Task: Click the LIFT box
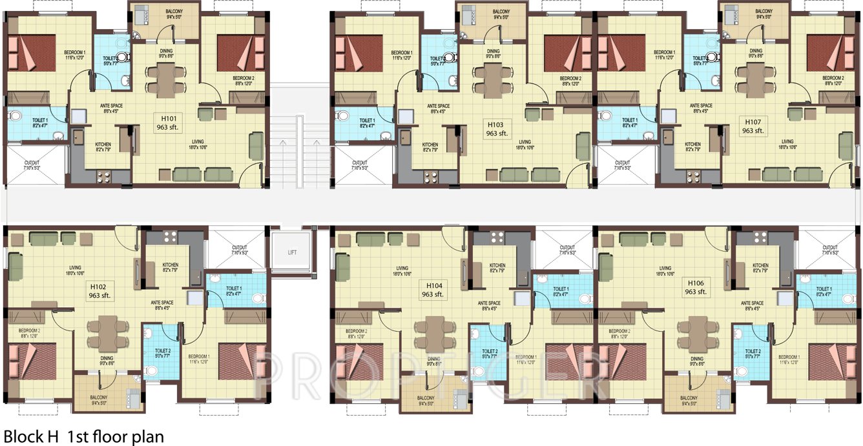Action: (293, 252)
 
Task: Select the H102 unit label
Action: (99, 290)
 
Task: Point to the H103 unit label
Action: (496, 126)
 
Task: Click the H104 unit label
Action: (432, 289)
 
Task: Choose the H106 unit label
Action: (695, 287)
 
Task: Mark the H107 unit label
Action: (753, 126)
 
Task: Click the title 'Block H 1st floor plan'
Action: (84, 436)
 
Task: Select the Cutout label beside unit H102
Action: (239, 250)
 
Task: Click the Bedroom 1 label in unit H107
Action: (664, 55)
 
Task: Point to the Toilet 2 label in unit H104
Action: (489, 354)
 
